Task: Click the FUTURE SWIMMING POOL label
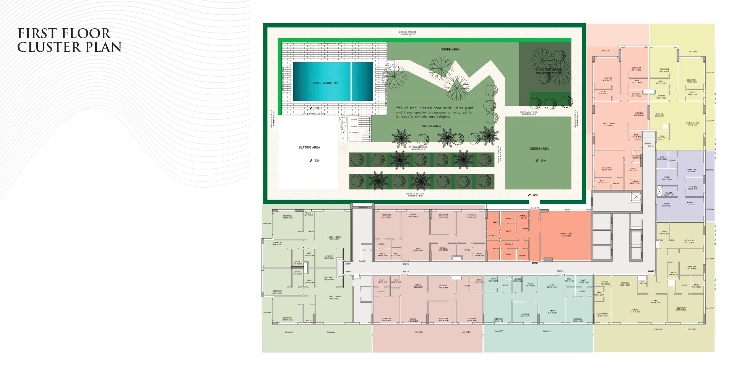326,83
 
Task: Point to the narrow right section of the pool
362,82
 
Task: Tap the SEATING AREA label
309,147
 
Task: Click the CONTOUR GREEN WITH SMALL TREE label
549,71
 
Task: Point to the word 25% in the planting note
399,108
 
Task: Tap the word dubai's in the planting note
408,117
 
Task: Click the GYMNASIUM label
566,235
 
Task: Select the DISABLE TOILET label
523,217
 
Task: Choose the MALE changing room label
508,231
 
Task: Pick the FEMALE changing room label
509,244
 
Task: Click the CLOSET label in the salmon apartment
636,156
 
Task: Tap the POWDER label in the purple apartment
668,193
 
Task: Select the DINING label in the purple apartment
666,204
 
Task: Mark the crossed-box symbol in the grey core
635,197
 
